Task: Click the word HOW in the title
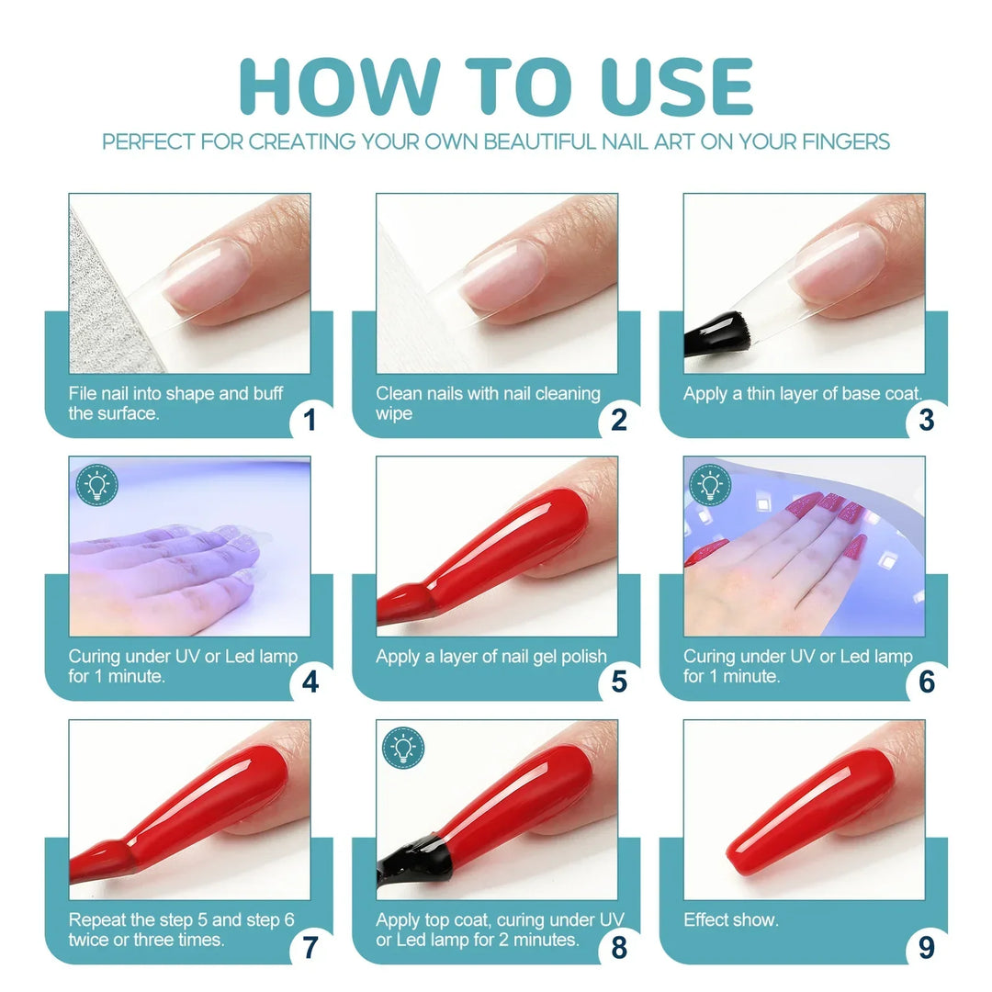pos(340,86)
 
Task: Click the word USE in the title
pos(676,86)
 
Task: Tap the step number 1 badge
pos(310,420)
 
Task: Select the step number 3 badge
pos(926,420)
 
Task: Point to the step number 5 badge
pos(619,682)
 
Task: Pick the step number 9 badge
pos(926,946)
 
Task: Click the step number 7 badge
pos(310,946)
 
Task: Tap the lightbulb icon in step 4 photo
pos(96,485)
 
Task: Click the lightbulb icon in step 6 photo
pos(710,485)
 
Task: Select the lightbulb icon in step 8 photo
pos(403,748)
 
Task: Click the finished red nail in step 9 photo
pos(811,811)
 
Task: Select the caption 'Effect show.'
pos(731,919)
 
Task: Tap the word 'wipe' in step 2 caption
pos(394,414)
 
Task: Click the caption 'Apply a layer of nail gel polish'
pos(491,657)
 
